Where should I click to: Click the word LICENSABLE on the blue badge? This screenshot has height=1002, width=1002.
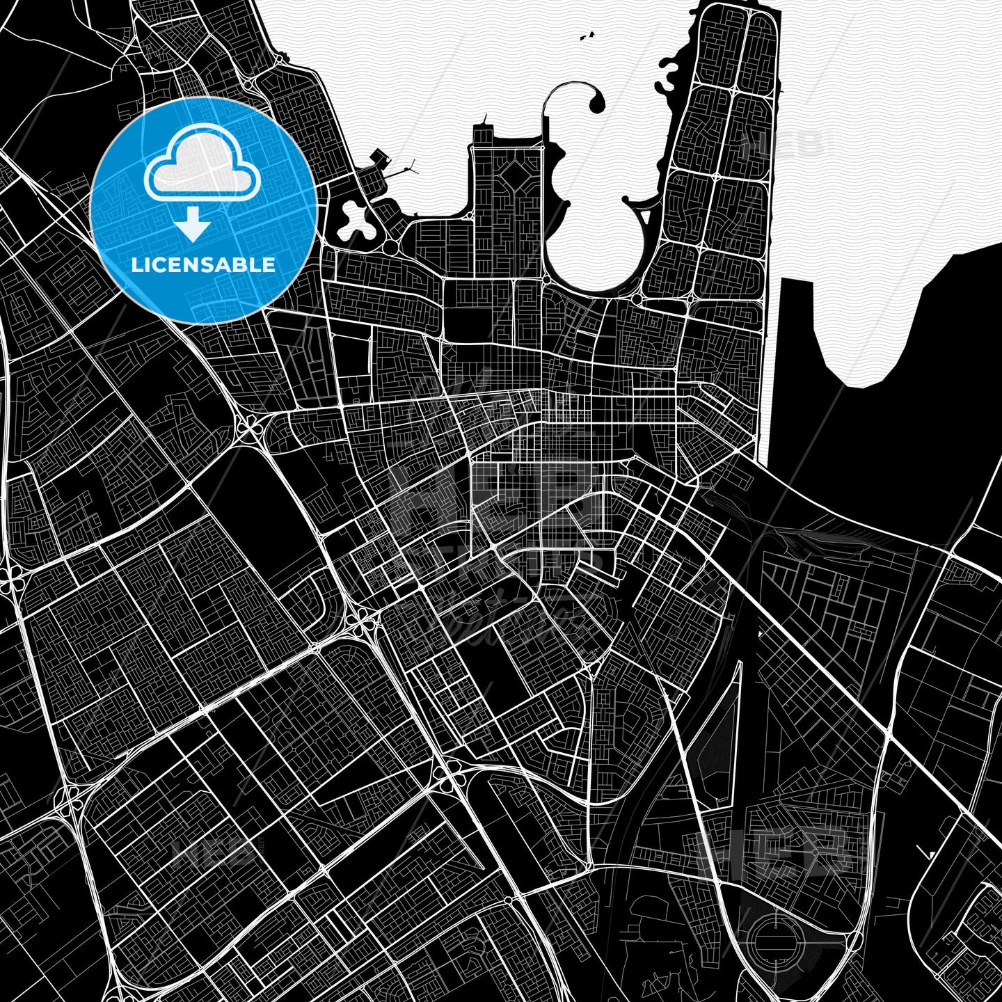203,265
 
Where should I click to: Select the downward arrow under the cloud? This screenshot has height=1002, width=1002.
193,227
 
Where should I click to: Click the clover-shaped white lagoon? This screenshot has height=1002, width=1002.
354,221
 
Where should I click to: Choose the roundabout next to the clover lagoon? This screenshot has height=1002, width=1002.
390,248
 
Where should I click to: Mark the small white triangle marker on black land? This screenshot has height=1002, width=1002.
931,854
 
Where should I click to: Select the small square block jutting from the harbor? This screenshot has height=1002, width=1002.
380,157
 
